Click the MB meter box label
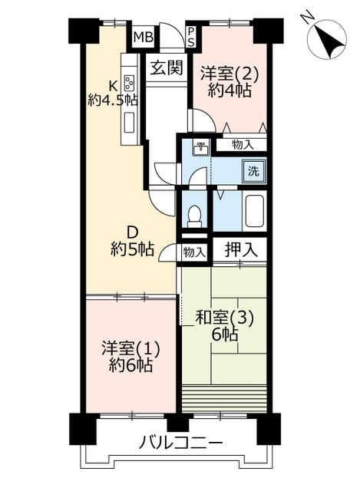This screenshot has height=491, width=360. point(144,38)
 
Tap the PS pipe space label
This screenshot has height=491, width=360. point(190,36)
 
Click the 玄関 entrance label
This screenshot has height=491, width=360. point(166,68)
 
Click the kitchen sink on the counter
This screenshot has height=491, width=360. point(129,123)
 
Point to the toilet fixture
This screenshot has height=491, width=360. point(195,216)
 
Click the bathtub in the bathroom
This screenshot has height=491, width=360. point(255,211)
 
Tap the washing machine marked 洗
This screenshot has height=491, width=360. point(254,171)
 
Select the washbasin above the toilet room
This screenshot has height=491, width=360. point(200,148)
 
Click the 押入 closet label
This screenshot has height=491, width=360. point(241,249)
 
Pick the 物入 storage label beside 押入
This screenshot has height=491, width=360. point(194,252)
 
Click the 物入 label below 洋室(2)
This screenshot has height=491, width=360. point(243,145)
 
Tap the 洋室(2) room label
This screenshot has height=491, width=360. point(230,74)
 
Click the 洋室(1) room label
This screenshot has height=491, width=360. point(130,349)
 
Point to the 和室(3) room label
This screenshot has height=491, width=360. point(224,319)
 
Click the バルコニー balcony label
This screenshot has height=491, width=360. point(181,443)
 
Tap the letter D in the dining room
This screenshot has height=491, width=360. point(132,233)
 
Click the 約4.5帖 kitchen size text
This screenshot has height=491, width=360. point(113,101)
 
